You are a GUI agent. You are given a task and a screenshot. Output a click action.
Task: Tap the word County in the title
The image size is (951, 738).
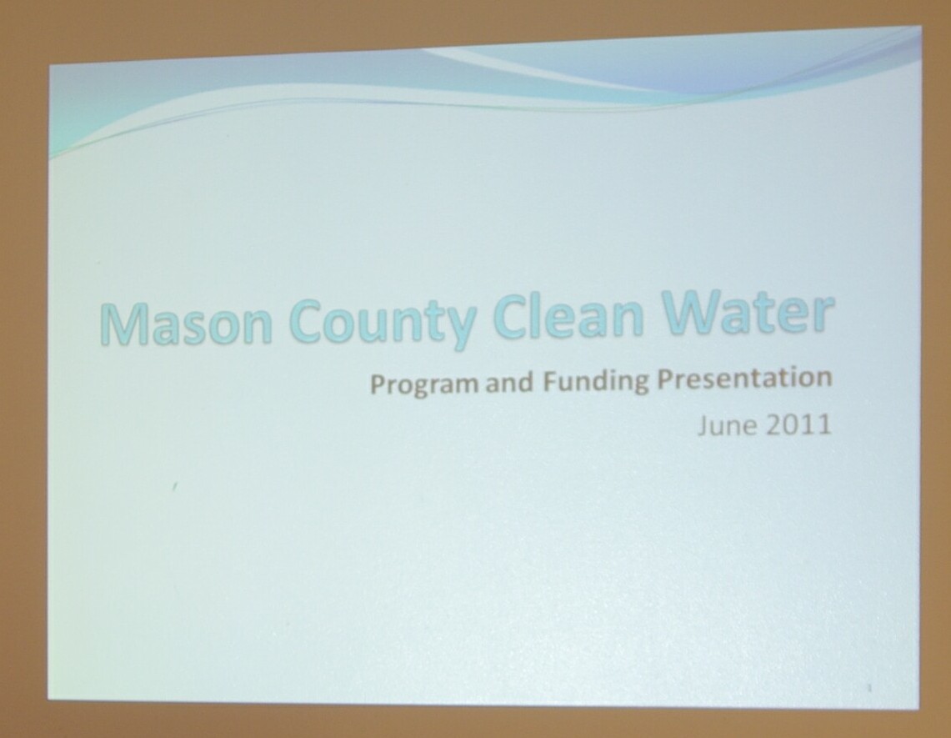pyautogui.click(x=386, y=322)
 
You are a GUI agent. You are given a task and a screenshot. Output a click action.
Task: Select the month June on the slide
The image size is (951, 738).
pyautogui.click(x=727, y=425)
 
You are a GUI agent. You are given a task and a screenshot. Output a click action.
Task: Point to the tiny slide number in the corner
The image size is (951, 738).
pyautogui.click(x=869, y=688)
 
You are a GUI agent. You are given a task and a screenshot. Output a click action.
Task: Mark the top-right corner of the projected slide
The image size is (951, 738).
pyautogui.click(x=921, y=27)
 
